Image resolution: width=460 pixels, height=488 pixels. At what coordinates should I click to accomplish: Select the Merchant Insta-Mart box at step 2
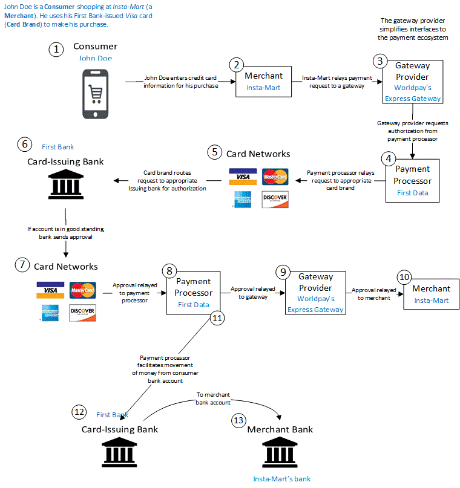[264, 81]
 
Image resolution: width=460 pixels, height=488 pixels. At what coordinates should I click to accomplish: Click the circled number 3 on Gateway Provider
[380, 60]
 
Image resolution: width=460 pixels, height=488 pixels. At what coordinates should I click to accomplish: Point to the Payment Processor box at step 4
[412, 180]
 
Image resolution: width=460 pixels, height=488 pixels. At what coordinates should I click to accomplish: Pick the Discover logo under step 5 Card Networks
[275, 199]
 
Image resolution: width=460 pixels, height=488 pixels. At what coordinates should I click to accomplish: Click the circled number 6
[24, 145]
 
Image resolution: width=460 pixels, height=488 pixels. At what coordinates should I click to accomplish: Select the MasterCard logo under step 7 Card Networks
[82, 290]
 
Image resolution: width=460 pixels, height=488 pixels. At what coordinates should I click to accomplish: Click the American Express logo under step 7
[50, 312]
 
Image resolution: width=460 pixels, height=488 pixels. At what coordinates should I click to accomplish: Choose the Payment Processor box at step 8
[193, 292]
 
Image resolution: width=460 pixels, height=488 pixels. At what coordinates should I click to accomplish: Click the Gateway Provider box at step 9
[315, 292]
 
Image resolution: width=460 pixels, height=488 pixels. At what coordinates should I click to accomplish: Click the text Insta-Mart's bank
[281, 479]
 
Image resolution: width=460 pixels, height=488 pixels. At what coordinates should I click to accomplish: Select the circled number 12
[79, 412]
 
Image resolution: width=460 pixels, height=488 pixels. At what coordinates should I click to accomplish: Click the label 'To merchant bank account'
[213, 399]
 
